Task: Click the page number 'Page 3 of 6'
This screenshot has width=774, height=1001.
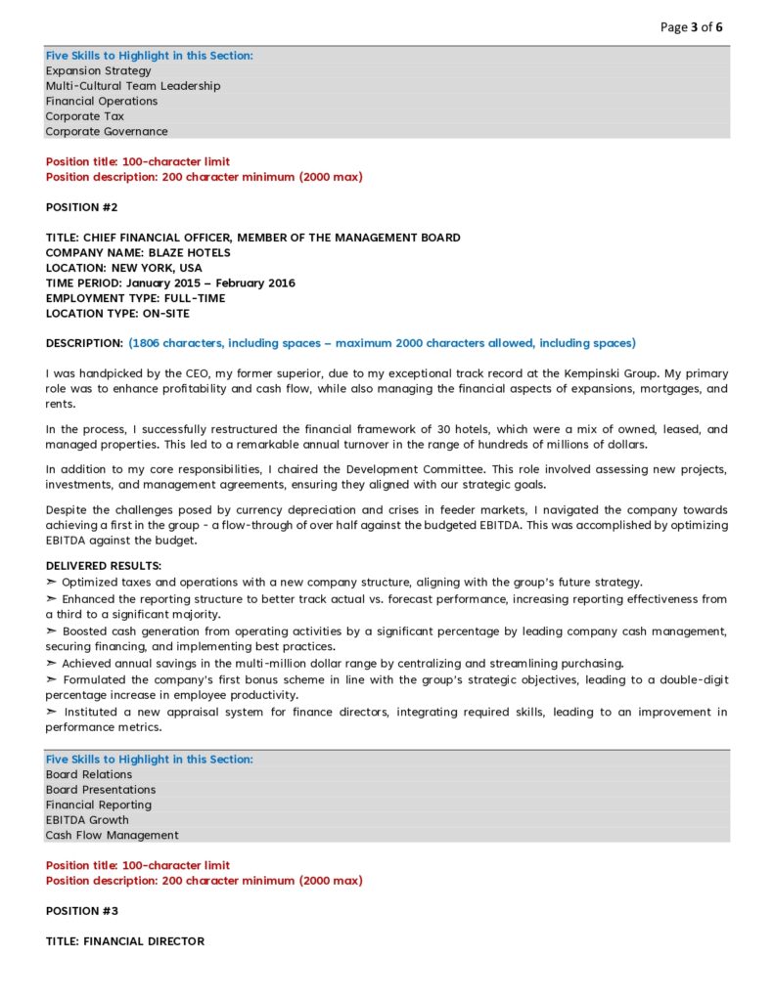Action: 691,26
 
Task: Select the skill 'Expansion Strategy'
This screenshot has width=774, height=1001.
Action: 98,70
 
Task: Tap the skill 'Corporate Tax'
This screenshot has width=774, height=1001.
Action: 84,116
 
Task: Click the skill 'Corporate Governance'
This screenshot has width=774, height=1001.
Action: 106,131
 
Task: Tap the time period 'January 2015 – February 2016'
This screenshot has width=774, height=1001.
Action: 210,283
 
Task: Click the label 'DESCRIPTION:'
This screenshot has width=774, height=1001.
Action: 84,343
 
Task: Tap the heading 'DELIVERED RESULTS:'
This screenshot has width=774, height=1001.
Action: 104,566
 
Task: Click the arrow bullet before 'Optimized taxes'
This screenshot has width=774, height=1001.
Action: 52,582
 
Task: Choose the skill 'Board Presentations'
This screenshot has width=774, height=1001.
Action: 100,790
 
